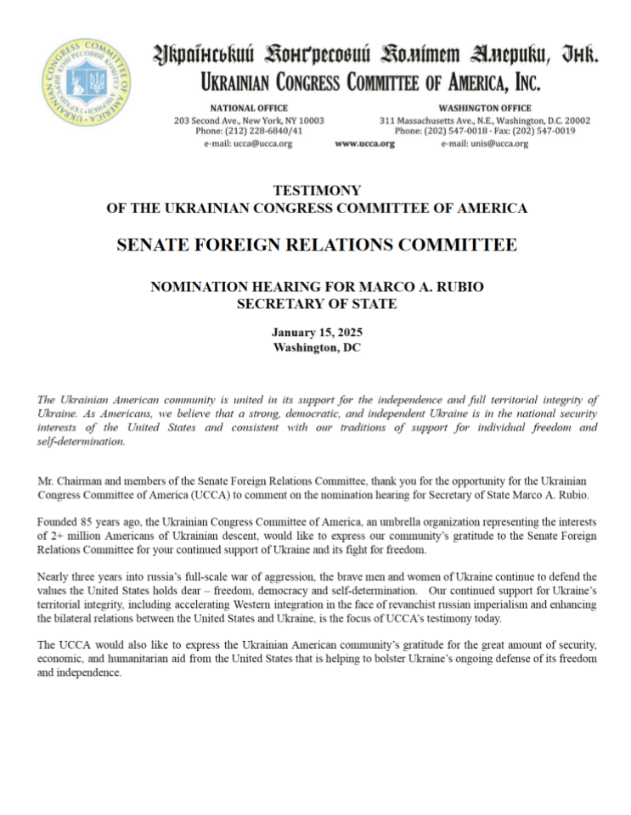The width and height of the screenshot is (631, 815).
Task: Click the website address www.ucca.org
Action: [365, 144]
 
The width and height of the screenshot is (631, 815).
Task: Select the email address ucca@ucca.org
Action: [248, 144]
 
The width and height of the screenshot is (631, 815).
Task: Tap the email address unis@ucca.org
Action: [484, 144]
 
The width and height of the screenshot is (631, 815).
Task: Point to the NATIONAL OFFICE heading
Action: [248, 109]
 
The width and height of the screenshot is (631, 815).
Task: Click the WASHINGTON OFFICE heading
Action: [485, 109]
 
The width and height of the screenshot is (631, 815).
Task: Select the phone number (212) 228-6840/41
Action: [262, 132]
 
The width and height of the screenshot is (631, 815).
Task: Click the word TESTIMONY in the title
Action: [317, 191]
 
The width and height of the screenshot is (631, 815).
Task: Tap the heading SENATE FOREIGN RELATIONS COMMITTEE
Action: [317, 245]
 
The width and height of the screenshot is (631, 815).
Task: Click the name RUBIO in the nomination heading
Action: [459, 287]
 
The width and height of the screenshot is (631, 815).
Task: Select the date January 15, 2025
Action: [317, 333]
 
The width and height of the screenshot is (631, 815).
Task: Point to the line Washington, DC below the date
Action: [317, 347]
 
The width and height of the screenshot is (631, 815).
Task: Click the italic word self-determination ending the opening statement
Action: [81, 441]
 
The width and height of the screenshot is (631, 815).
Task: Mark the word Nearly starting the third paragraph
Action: [54, 576]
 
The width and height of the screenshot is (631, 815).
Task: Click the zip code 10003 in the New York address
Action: [309, 121]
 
